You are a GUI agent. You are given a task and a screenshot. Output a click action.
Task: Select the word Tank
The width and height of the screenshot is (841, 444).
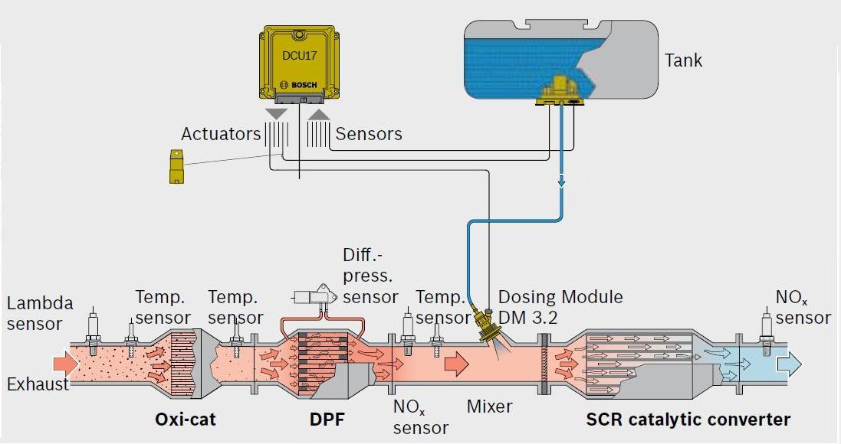pos(683,60)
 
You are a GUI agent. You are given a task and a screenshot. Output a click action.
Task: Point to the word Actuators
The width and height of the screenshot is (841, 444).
pos(221,134)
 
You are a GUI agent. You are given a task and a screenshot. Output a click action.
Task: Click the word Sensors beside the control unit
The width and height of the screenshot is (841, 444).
pos(369,134)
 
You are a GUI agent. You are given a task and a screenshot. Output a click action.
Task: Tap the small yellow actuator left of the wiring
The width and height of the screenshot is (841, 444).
pos(178,166)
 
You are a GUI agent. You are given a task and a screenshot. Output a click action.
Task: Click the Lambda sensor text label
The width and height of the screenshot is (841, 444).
pos(40,313)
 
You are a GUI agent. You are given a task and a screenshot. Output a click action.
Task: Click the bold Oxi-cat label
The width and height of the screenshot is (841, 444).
pos(186,420)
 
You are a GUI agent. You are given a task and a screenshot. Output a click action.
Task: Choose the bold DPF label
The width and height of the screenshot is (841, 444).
pos(327,420)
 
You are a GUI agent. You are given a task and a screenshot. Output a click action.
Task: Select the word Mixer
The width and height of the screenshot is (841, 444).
pos(489,406)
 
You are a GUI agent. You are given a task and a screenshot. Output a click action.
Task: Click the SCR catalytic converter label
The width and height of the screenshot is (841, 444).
pos(688,420)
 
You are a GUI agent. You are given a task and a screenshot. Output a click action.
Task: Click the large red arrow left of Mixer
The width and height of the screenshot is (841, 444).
pos(456,363)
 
